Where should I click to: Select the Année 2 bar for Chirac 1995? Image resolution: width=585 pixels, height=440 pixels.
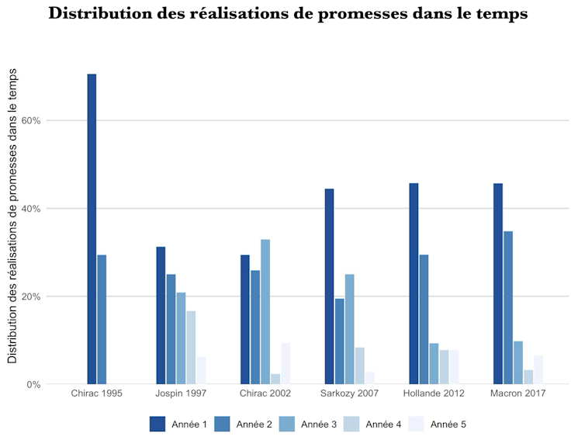point(102,319)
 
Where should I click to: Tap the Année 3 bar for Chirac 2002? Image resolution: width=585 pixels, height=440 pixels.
point(265,311)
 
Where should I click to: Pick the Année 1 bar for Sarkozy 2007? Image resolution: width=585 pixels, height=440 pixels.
point(329,286)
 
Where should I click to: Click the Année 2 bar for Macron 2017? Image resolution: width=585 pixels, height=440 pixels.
point(508,307)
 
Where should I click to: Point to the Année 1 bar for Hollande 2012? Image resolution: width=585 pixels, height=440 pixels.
point(414,283)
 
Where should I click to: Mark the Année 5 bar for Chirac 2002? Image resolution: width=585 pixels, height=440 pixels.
point(286,363)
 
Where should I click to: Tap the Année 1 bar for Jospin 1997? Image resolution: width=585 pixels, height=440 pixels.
point(161,315)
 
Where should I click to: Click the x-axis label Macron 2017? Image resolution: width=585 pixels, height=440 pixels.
point(517,394)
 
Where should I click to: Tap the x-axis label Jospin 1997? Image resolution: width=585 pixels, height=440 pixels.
point(181,394)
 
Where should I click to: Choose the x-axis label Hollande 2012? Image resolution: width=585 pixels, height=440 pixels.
point(434,394)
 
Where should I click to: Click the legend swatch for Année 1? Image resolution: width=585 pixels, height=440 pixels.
point(157,424)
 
